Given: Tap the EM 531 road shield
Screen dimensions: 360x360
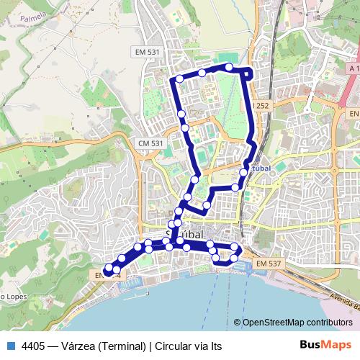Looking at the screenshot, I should tap(147, 53).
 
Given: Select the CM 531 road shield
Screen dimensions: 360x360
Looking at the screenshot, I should tap(151, 143).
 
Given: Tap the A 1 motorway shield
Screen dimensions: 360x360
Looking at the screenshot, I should tap(352, 68).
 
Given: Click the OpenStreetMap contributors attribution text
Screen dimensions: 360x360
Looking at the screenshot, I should tap(297, 323).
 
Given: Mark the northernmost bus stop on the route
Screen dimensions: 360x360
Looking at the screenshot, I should tap(229, 67).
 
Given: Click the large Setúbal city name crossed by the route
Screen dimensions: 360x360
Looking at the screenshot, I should tap(186, 235).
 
